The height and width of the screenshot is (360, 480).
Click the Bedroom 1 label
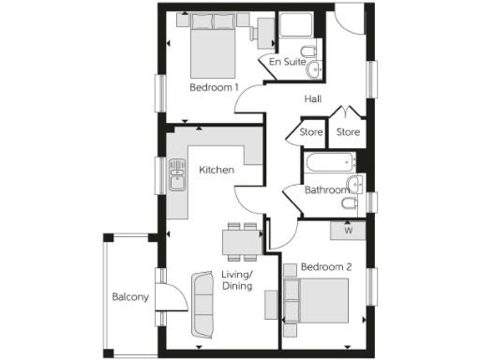coord(214,88)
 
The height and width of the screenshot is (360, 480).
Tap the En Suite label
coord(287,62)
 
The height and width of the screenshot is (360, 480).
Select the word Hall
coord(314,97)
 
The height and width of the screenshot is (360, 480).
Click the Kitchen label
coord(217,170)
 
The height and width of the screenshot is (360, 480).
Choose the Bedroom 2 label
coord(325,267)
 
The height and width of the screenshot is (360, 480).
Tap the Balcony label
coord(130,297)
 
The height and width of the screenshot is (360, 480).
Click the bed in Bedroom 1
coord(216,49)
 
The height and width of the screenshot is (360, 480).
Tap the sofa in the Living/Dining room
coord(202,305)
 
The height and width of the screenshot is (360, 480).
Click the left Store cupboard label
coord(311,132)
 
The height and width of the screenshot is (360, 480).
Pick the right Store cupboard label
coord(348,132)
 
